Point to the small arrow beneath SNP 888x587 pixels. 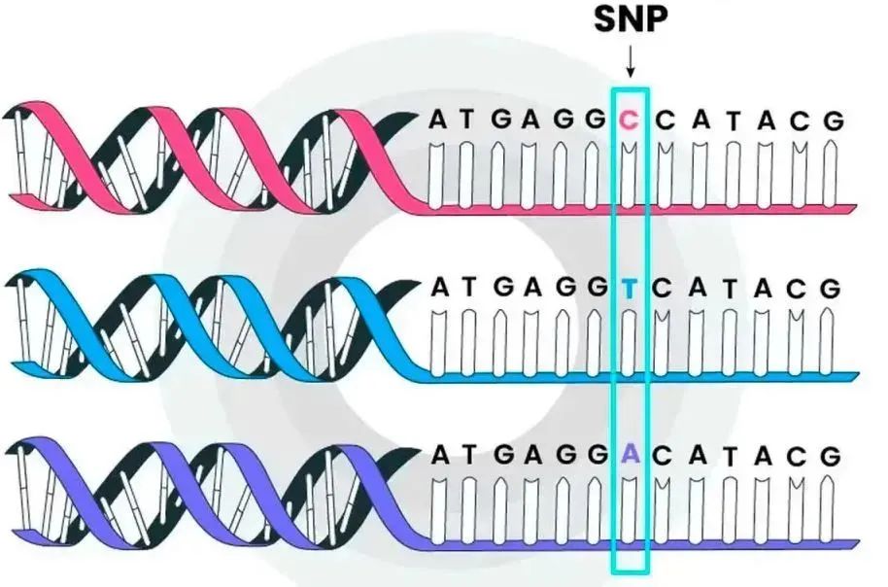[630, 64]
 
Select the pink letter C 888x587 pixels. [630, 121]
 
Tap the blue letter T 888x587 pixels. [630, 288]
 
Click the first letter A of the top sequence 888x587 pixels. [439, 121]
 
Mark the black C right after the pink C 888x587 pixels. [665, 121]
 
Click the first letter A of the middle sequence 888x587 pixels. [439, 288]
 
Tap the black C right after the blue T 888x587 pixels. [665, 288]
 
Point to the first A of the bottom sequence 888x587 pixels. [439, 455]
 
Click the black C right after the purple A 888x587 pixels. [665, 455]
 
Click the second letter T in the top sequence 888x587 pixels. [731, 121]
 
